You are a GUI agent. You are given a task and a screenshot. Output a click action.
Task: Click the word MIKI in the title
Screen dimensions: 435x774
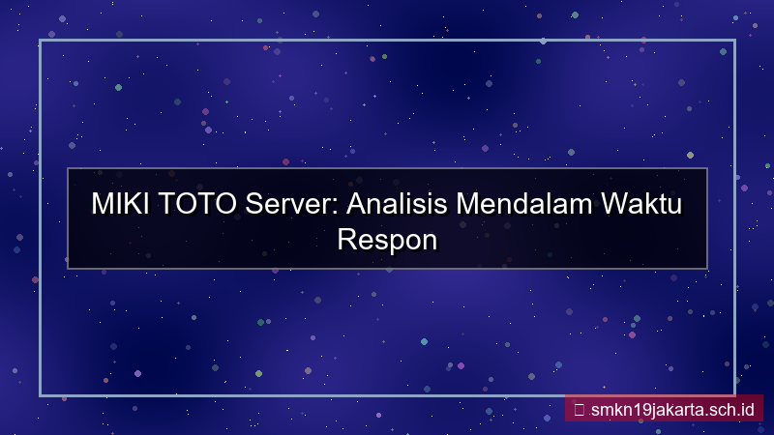pos(117,204)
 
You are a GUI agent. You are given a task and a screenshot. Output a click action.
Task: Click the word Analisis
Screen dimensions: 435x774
pos(397,204)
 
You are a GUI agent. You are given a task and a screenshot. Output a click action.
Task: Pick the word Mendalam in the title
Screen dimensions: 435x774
pos(523,204)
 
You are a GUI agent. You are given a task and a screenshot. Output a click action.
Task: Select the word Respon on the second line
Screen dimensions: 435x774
pos(387,238)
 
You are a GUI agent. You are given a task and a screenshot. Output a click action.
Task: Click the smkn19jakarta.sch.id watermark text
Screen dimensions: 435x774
pos(670,409)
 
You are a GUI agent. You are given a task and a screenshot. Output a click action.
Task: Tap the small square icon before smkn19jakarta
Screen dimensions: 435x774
pos(579,409)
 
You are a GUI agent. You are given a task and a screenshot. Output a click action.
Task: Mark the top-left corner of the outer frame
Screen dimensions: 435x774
pos(41,41)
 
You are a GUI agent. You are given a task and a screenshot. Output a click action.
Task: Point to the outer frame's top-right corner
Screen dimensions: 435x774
pos(734,41)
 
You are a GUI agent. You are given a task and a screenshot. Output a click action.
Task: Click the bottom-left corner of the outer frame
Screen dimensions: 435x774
pos(41,394)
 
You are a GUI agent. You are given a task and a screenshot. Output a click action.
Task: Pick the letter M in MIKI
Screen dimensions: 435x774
pos(102,204)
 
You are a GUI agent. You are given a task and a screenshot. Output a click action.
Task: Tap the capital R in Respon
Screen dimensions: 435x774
pos(346,238)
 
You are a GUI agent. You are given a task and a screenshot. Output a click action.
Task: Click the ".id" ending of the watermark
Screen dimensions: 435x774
pos(745,409)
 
